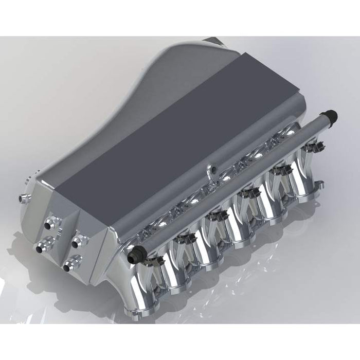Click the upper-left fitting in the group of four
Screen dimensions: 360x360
[52, 223]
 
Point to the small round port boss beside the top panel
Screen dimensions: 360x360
[208, 169]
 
